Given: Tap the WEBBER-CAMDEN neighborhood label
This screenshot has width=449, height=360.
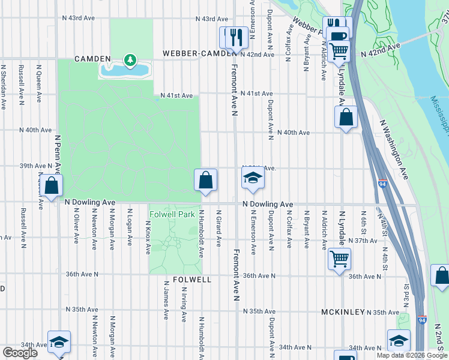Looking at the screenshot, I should click(197, 54).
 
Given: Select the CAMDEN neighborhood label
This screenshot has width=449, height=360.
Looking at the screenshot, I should click(92, 59).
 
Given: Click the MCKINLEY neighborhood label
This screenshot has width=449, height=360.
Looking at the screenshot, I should click(343, 312).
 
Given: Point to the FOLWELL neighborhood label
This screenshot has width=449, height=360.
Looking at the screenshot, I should click(192, 280).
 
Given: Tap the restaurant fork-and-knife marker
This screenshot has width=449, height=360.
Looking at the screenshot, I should click(236, 38).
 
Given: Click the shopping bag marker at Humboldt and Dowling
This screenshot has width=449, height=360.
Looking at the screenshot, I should click(205, 180).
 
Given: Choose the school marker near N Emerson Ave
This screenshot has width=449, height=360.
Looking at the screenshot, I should click(253, 179).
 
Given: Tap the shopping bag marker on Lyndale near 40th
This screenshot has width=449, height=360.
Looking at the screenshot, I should click(346, 118).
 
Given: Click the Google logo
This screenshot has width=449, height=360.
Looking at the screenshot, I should click(20, 353).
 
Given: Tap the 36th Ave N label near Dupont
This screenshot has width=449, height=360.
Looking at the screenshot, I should click(259, 276).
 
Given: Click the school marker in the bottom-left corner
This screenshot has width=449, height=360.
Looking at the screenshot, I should click(59, 341).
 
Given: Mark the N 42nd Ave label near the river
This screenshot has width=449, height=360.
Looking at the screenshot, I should click(380, 50).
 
